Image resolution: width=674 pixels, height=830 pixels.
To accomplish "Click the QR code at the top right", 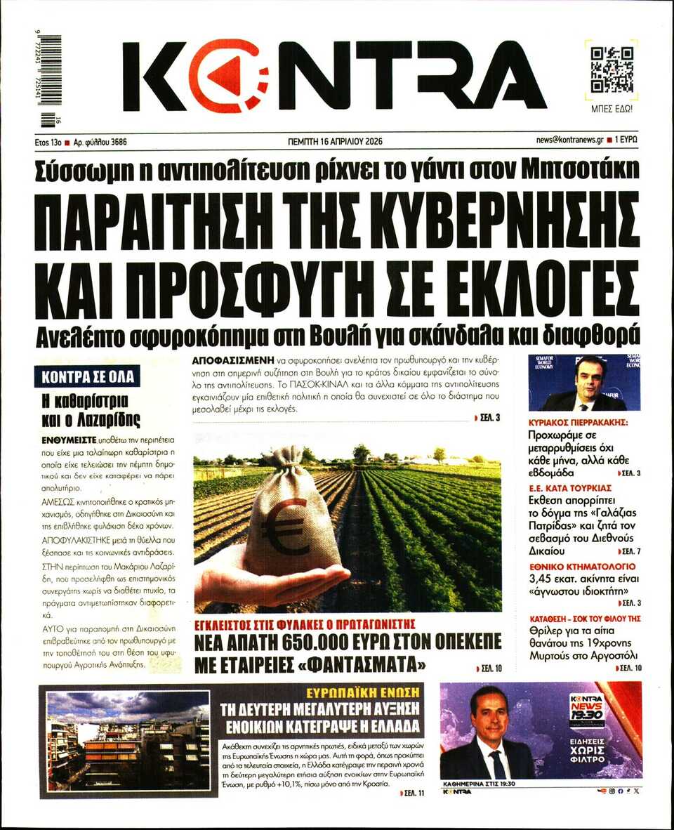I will click(x=612, y=70).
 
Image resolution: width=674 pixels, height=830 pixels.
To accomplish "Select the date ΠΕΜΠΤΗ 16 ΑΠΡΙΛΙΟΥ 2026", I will click(x=335, y=140).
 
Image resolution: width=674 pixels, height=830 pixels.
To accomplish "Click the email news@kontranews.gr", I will click(x=569, y=140).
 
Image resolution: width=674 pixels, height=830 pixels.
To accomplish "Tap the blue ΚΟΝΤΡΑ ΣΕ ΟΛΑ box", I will click(x=87, y=376).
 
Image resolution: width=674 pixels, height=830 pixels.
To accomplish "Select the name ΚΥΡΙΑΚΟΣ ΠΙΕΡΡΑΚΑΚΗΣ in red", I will click(x=578, y=423).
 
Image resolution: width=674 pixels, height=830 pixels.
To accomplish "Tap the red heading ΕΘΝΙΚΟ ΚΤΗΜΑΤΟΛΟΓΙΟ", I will click(x=572, y=566).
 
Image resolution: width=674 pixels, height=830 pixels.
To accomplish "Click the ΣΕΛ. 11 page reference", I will click(x=413, y=792).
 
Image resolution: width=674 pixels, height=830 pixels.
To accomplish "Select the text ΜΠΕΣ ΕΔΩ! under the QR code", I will click(x=612, y=110).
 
